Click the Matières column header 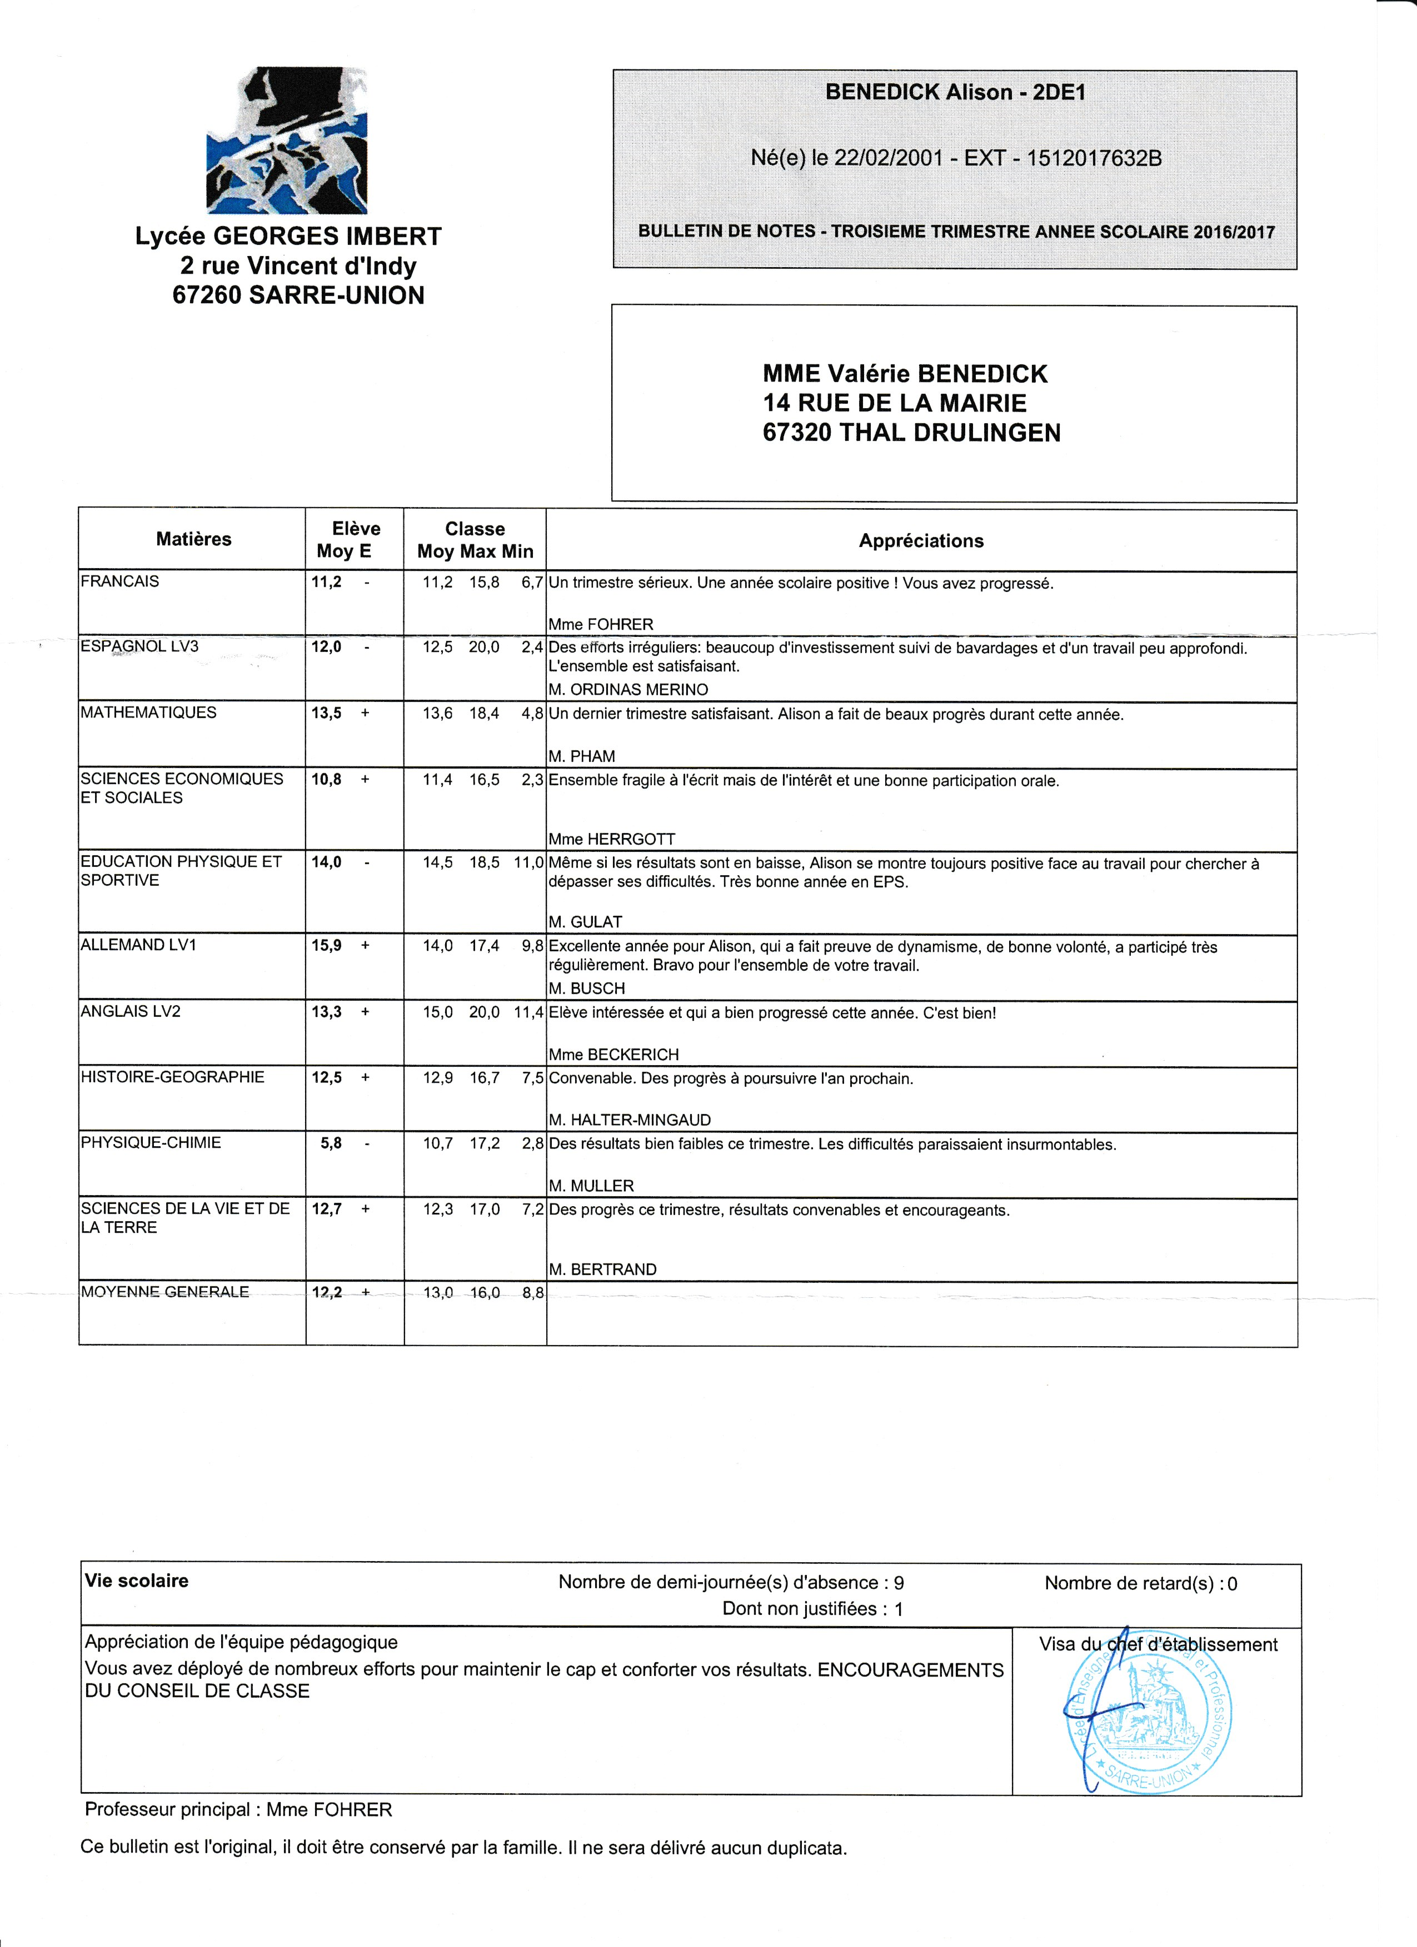tap(193, 539)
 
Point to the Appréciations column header tap(921, 541)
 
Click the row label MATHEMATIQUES tap(148, 712)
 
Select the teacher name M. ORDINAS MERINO tap(628, 689)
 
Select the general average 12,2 tap(326, 1292)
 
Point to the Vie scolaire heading tap(137, 1581)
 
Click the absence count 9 tap(899, 1582)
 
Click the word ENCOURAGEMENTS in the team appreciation tap(910, 1670)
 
